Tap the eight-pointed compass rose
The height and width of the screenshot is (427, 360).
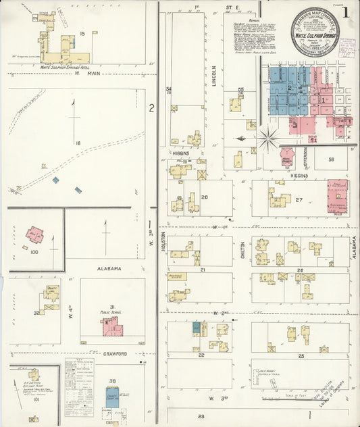(268, 139)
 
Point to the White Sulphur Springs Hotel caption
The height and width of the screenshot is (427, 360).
(65, 68)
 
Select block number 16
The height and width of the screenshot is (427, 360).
(78, 143)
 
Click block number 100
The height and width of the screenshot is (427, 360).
(25, 249)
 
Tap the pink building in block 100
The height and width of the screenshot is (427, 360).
(35, 235)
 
